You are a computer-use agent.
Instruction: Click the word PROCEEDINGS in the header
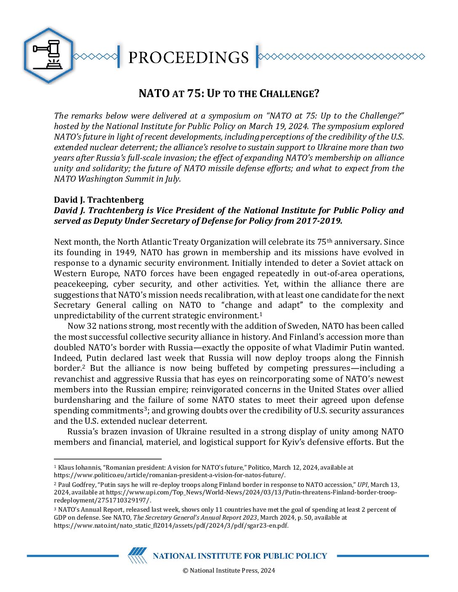click(x=188, y=57)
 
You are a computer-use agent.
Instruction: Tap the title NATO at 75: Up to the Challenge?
click(x=229, y=93)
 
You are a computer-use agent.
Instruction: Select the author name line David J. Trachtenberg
click(x=99, y=200)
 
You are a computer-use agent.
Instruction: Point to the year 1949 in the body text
click(x=125, y=252)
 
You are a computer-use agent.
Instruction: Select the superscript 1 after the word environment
click(x=261, y=314)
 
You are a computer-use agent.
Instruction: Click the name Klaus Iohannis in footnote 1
click(x=77, y=467)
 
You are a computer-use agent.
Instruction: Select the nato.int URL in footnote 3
click(x=171, y=525)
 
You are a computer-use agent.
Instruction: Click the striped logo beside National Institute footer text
click(x=137, y=555)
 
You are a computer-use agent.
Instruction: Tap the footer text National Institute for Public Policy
click(x=240, y=556)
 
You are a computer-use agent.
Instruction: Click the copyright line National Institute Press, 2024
click(x=229, y=570)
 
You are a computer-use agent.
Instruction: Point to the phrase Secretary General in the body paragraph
click(x=90, y=305)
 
